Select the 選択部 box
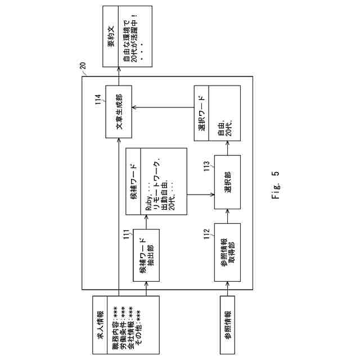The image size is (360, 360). pyautogui.click(x=227, y=187)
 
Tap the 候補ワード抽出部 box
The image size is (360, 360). pyautogui.click(x=146, y=255)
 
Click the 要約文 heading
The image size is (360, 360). pyautogui.click(x=111, y=37)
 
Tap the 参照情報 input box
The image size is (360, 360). pyautogui.click(x=227, y=325)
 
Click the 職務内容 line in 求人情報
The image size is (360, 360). pyautogui.click(x=115, y=325)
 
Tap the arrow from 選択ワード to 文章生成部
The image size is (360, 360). pyautogui.click(x=163, y=107)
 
